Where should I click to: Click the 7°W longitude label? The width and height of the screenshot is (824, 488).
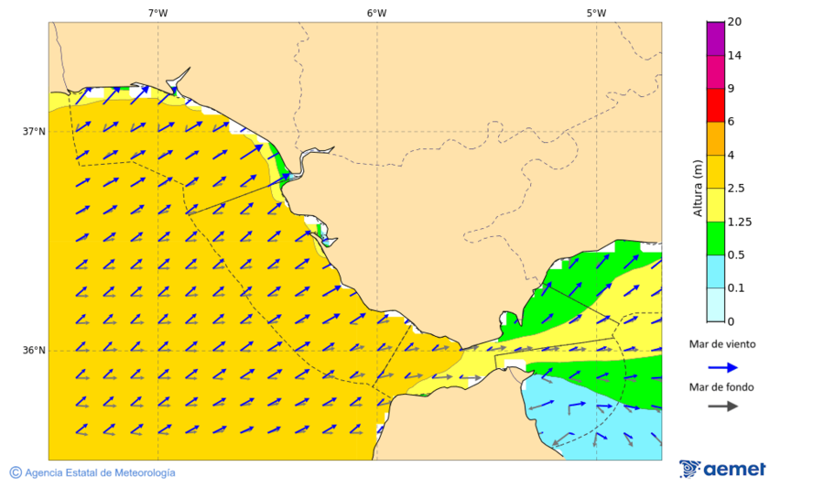157,13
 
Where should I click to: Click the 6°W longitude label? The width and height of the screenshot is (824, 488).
376,13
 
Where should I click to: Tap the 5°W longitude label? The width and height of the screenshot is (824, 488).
596,13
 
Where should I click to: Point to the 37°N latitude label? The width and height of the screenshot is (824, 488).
34,131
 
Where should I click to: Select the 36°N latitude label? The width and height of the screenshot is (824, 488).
34,351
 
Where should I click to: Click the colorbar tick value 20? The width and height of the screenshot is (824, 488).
734,22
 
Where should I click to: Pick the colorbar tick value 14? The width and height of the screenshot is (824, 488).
734,55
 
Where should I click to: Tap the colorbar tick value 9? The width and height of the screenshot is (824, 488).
731,89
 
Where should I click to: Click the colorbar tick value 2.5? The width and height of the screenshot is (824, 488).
735,189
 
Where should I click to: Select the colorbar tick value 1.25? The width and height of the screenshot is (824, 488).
738,222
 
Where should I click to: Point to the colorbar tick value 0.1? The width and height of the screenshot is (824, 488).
735,288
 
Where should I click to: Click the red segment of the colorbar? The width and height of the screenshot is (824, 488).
715,105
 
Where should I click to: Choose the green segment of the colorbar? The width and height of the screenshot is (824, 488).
715,238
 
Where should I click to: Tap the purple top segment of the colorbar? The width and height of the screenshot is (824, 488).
715,38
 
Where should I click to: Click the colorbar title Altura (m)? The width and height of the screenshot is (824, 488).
698,188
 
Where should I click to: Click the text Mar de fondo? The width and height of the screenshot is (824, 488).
721,387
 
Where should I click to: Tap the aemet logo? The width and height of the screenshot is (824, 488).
722,469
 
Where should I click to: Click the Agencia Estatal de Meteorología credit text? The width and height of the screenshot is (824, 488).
92,472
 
